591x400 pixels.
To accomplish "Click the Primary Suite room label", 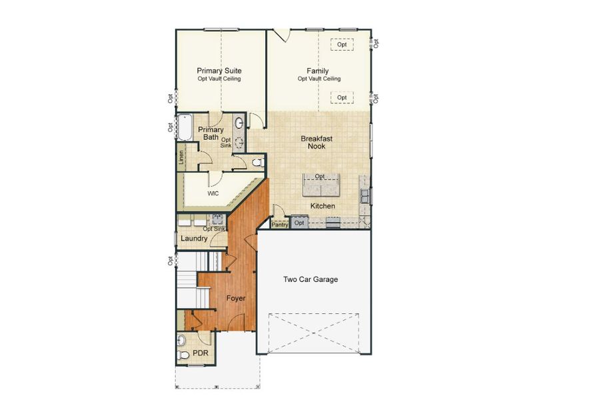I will point(219,71).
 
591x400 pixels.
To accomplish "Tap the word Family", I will point(318,71).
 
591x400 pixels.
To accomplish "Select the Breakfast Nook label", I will point(316,142).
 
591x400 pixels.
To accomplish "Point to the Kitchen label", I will point(322,206).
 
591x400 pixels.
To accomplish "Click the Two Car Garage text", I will point(310,279).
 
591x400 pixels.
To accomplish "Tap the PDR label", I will point(201,353).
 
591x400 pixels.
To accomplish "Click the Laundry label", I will point(194,238).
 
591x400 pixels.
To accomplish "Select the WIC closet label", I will point(213,193).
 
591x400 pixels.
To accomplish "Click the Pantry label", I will point(280,225).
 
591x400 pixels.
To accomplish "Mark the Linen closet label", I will point(181,158).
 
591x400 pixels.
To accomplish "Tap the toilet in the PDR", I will point(182,341).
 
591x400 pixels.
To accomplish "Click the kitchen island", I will point(320,185).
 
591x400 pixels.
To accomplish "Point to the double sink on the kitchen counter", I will point(366,195).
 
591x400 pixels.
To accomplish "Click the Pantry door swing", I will point(279,212).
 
